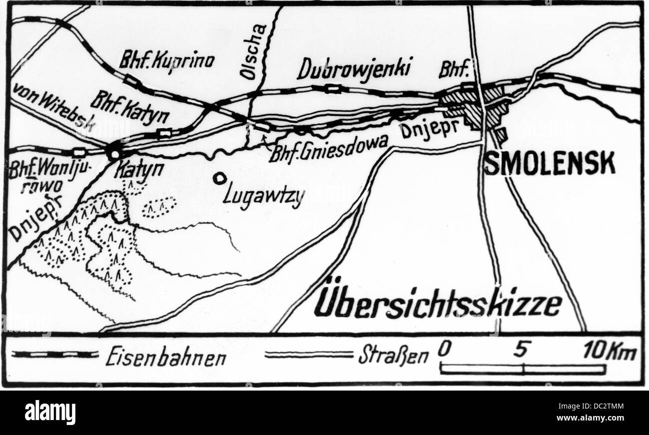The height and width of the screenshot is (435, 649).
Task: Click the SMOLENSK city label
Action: click(550, 164)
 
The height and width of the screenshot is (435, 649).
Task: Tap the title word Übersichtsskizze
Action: click(437, 303)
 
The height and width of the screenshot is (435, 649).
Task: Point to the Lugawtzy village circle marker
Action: click(218, 177)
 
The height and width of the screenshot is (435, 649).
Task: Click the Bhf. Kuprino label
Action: click(166, 61)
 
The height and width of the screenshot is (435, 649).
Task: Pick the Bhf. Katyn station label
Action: click(129, 108)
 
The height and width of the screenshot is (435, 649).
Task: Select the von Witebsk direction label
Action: click(53, 107)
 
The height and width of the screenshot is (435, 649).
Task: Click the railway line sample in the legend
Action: click(55, 355)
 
